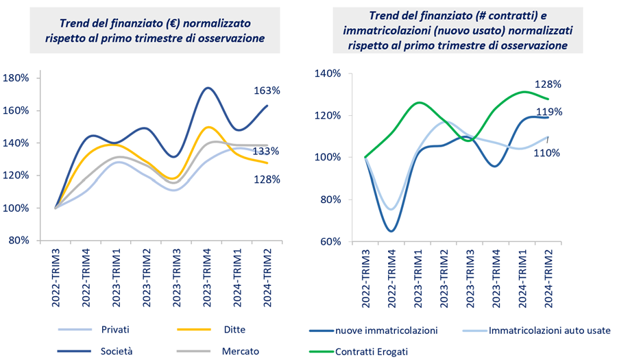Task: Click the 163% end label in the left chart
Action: coord(267,91)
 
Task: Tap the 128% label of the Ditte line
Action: coord(266,180)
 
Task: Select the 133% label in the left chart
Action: coord(266,151)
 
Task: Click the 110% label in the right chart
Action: coord(548,153)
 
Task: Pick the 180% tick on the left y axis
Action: coord(14,78)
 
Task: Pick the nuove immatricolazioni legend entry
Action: coord(387,331)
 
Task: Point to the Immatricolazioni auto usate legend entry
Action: coord(548,331)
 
